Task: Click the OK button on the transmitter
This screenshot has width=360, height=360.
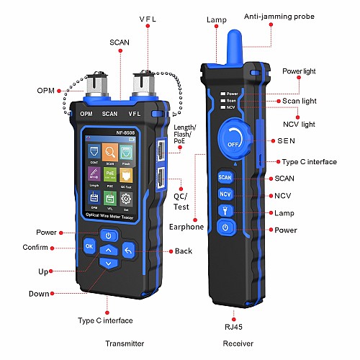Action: tap(89, 246)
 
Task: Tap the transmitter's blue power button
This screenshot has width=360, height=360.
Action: tap(108, 235)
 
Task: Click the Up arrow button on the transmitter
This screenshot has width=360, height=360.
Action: tap(108, 251)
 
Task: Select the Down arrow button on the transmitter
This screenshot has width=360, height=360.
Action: tap(108, 264)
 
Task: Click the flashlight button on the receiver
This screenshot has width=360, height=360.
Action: tap(225, 211)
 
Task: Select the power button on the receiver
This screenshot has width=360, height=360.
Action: tap(225, 228)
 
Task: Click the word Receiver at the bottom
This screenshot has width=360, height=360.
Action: tap(238, 343)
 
